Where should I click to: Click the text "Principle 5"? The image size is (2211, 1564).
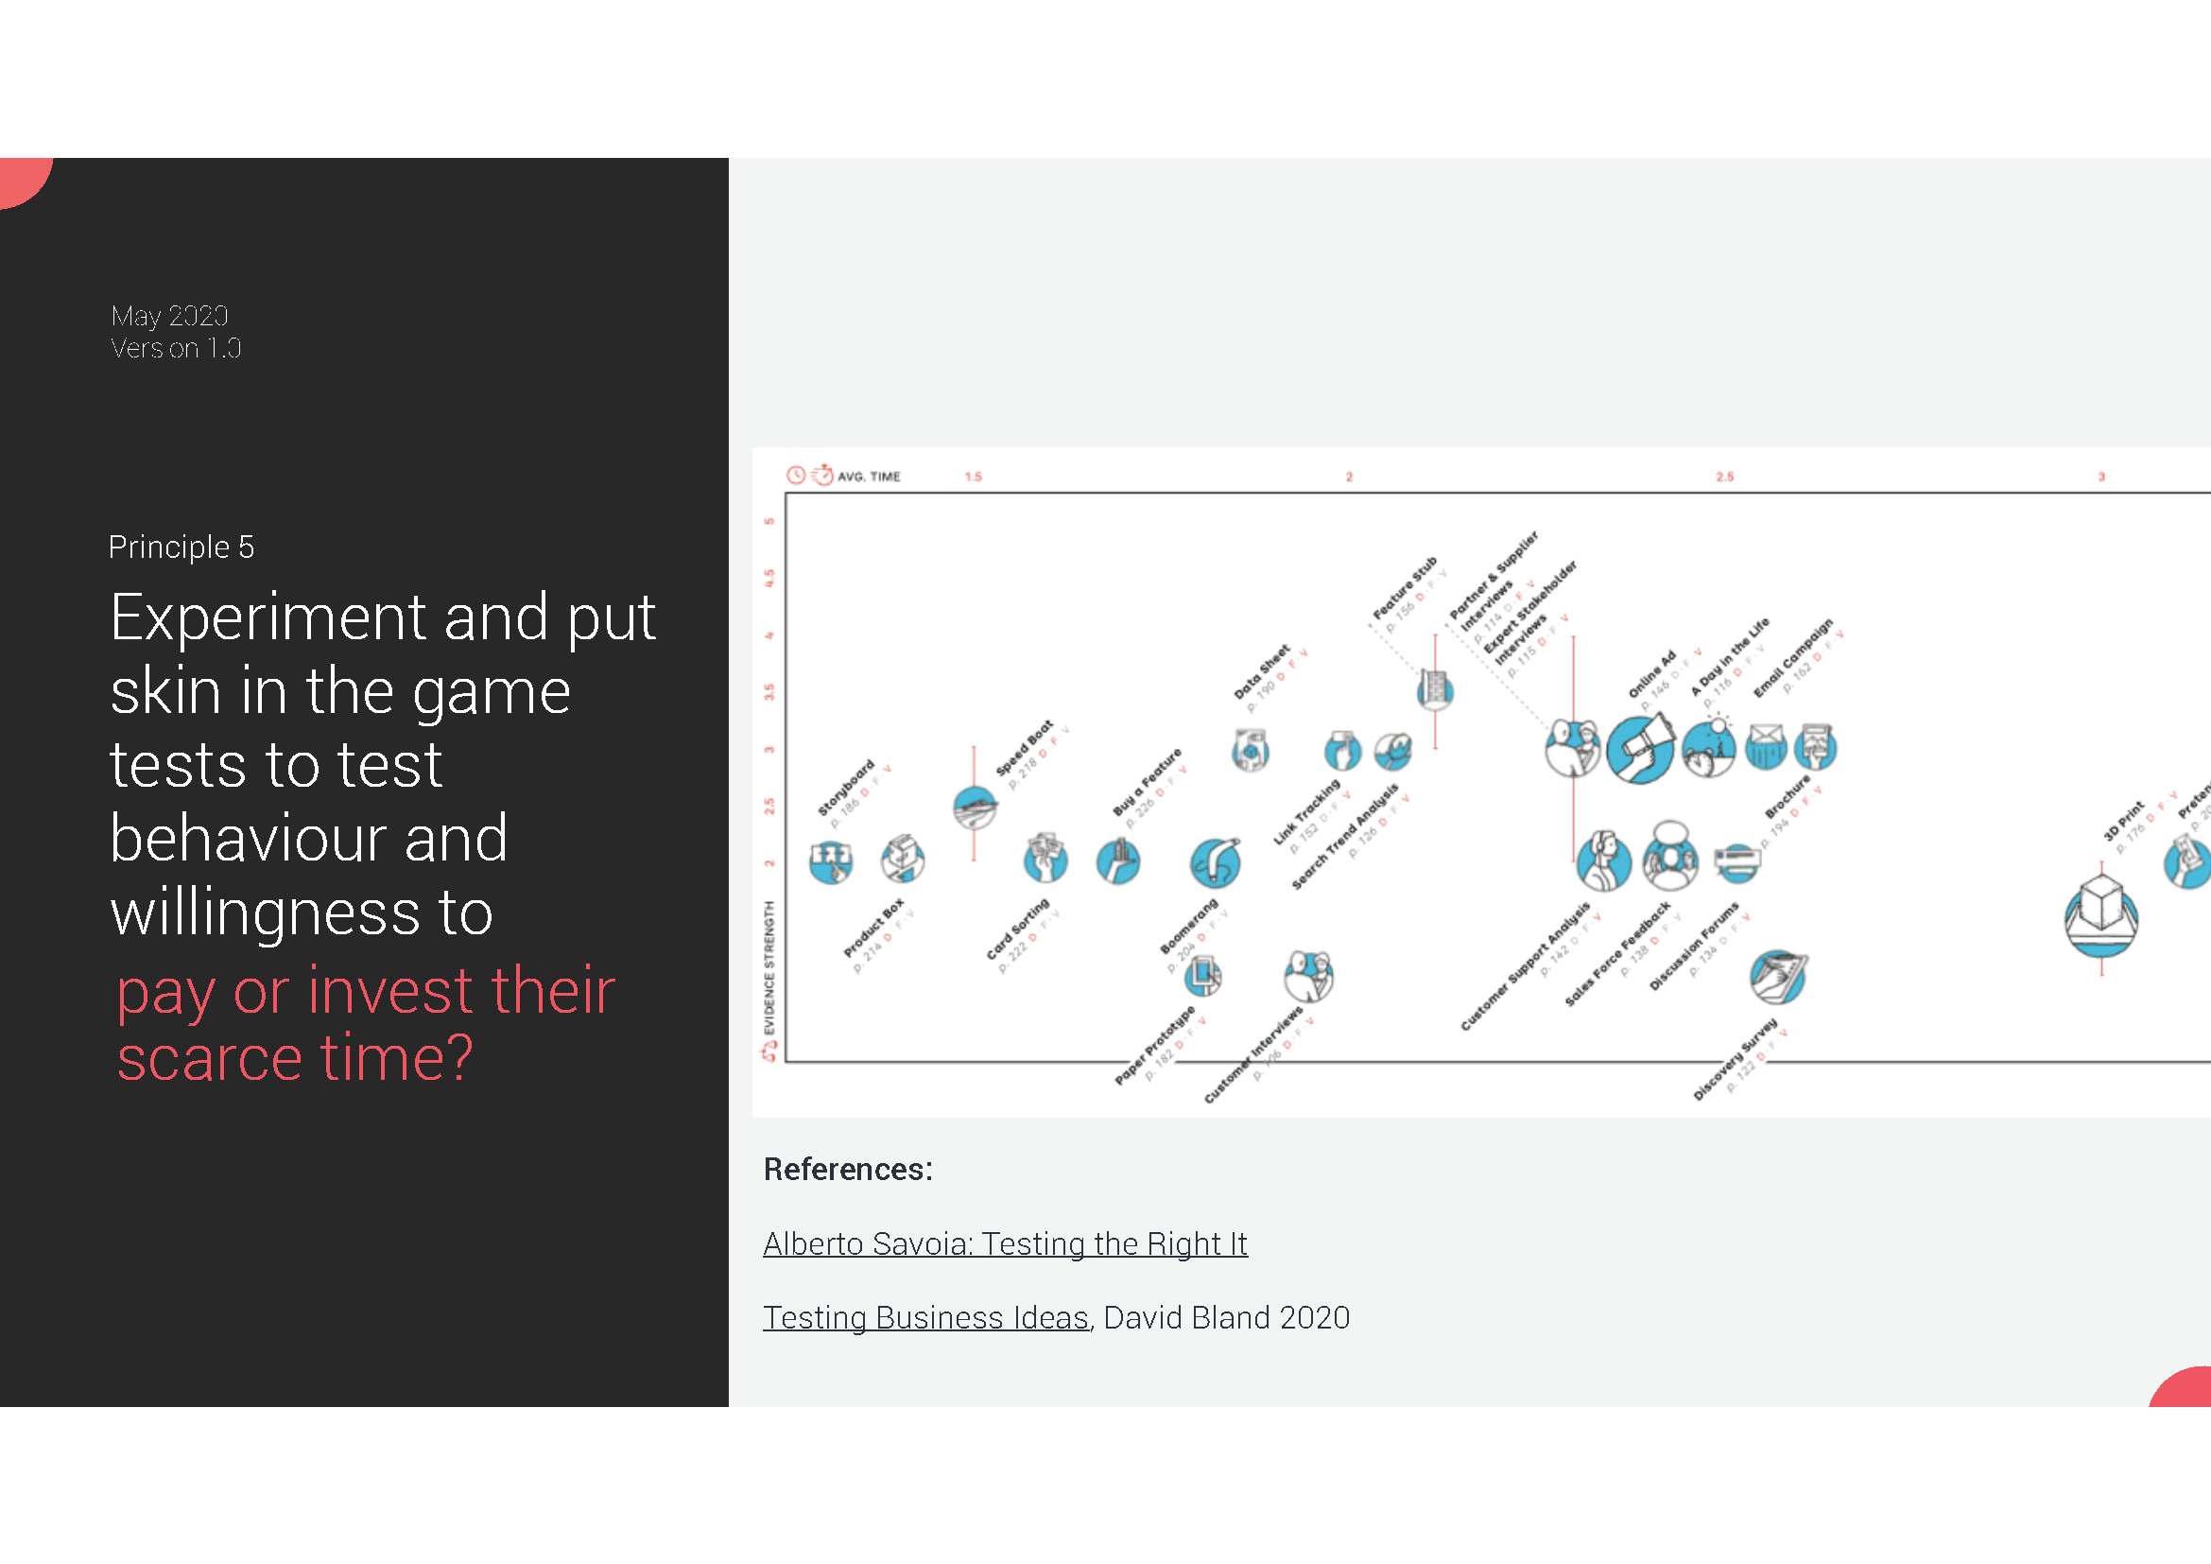coord(181,547)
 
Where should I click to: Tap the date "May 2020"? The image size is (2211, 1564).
coord(169,316)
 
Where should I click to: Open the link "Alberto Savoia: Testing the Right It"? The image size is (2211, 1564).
coord(1005,1243)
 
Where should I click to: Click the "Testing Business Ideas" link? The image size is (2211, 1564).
coord(925,1316)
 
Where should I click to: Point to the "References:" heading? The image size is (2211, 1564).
coord(847,1169)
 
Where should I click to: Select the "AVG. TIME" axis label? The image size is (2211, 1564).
coord(869,477)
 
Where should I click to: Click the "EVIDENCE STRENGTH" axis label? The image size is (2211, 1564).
coord(769,967)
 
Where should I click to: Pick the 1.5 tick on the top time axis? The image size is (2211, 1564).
coord(974,477)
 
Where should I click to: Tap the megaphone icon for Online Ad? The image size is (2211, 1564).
coord(1640,749)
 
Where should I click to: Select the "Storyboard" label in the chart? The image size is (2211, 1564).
coord(845,787)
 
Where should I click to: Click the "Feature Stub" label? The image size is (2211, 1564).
coord(1404,587)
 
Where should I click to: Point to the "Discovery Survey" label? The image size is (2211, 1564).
coord(1735,1058)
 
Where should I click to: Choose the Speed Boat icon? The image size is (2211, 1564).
coord(974,806)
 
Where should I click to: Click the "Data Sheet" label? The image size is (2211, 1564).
coord(1262,671)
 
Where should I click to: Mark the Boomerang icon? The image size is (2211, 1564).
coord(1215,862)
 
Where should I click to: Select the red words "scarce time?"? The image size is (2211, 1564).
coord(295,1057)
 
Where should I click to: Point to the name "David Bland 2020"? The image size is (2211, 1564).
coord(1226,1316)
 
